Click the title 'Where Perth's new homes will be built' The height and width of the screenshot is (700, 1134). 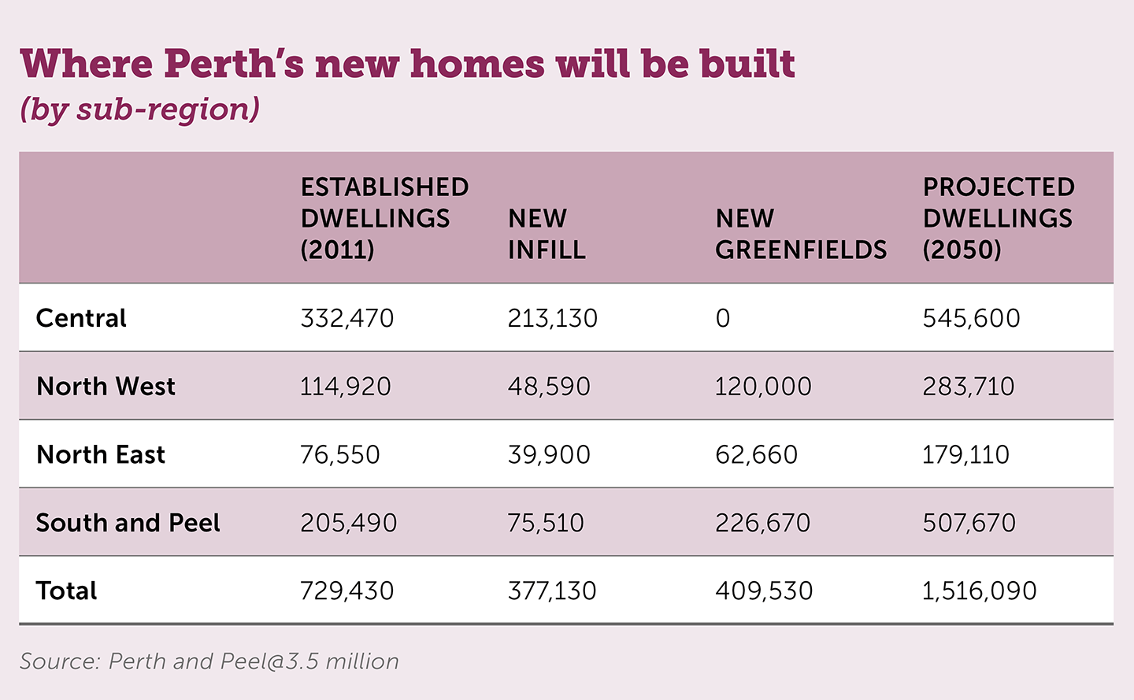[407, 64]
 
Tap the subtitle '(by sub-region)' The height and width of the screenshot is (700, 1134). [139, 109]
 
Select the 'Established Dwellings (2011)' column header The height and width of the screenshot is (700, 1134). [384, 218]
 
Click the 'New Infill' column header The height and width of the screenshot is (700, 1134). [547, 234]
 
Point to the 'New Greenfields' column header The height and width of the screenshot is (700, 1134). [800, 234]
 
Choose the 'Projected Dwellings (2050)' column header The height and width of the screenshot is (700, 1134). [999, 218]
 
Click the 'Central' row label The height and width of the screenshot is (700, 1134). [81, 318]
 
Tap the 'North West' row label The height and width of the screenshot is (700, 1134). [106, 387]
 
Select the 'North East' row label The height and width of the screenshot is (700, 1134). [101, 454]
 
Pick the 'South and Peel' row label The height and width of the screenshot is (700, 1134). [128, 523]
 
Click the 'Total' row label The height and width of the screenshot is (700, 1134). [67, 591]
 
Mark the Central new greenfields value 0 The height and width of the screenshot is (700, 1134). [722, 318]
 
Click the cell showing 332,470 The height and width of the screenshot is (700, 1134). [346, 318]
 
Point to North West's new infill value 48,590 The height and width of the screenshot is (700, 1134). [548, 387]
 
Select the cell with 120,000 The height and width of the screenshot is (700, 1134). [762, 387]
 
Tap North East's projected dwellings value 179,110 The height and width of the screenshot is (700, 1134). [965, 454]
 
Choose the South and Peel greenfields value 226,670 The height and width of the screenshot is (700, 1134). [762, 523]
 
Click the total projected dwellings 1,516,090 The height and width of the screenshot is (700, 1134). [979, 591]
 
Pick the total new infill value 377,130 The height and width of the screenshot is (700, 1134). [551, 591]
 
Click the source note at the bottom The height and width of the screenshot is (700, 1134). [209, 661]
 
